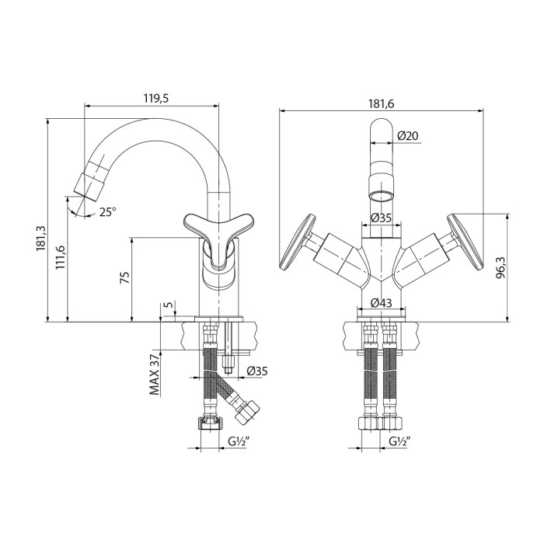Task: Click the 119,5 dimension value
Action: pyautogui.click(x=155, y=98)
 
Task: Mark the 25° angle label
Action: pyautogui.click(x=106, y=211)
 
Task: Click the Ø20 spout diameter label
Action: pyautogui.click(x=408, y=136)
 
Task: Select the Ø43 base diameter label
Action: pyautogui.click(x=381, y=302)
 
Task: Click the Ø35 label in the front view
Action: pyautogui.click(x=381, y=218)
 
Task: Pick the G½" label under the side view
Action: pyautogui.click(x=239, y=442)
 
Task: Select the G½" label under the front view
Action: pyautogui.click(x=400, y=442)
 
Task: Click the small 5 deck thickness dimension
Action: pyautogui.click(x=169, y=305)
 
